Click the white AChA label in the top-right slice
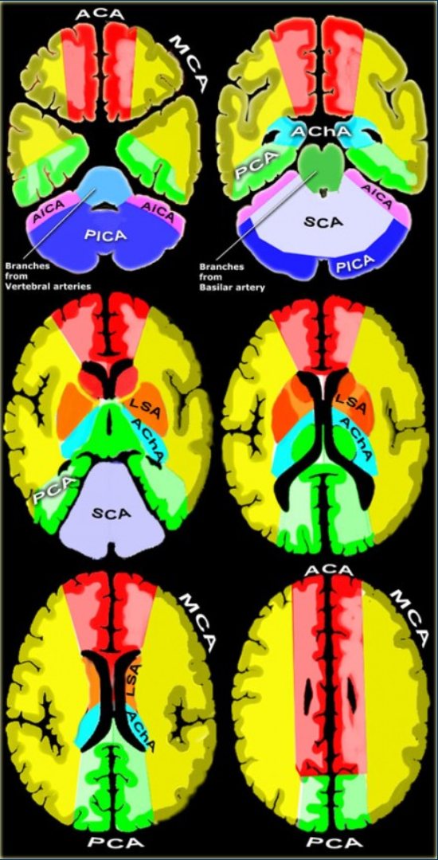pyautogui.click(x=320, y=133)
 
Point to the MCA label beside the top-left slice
pyautogui.click(x=189, y=62)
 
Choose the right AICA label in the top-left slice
pyautogui.click(x=159, y=210)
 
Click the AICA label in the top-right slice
pyautogui.click(x=377, y=196)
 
